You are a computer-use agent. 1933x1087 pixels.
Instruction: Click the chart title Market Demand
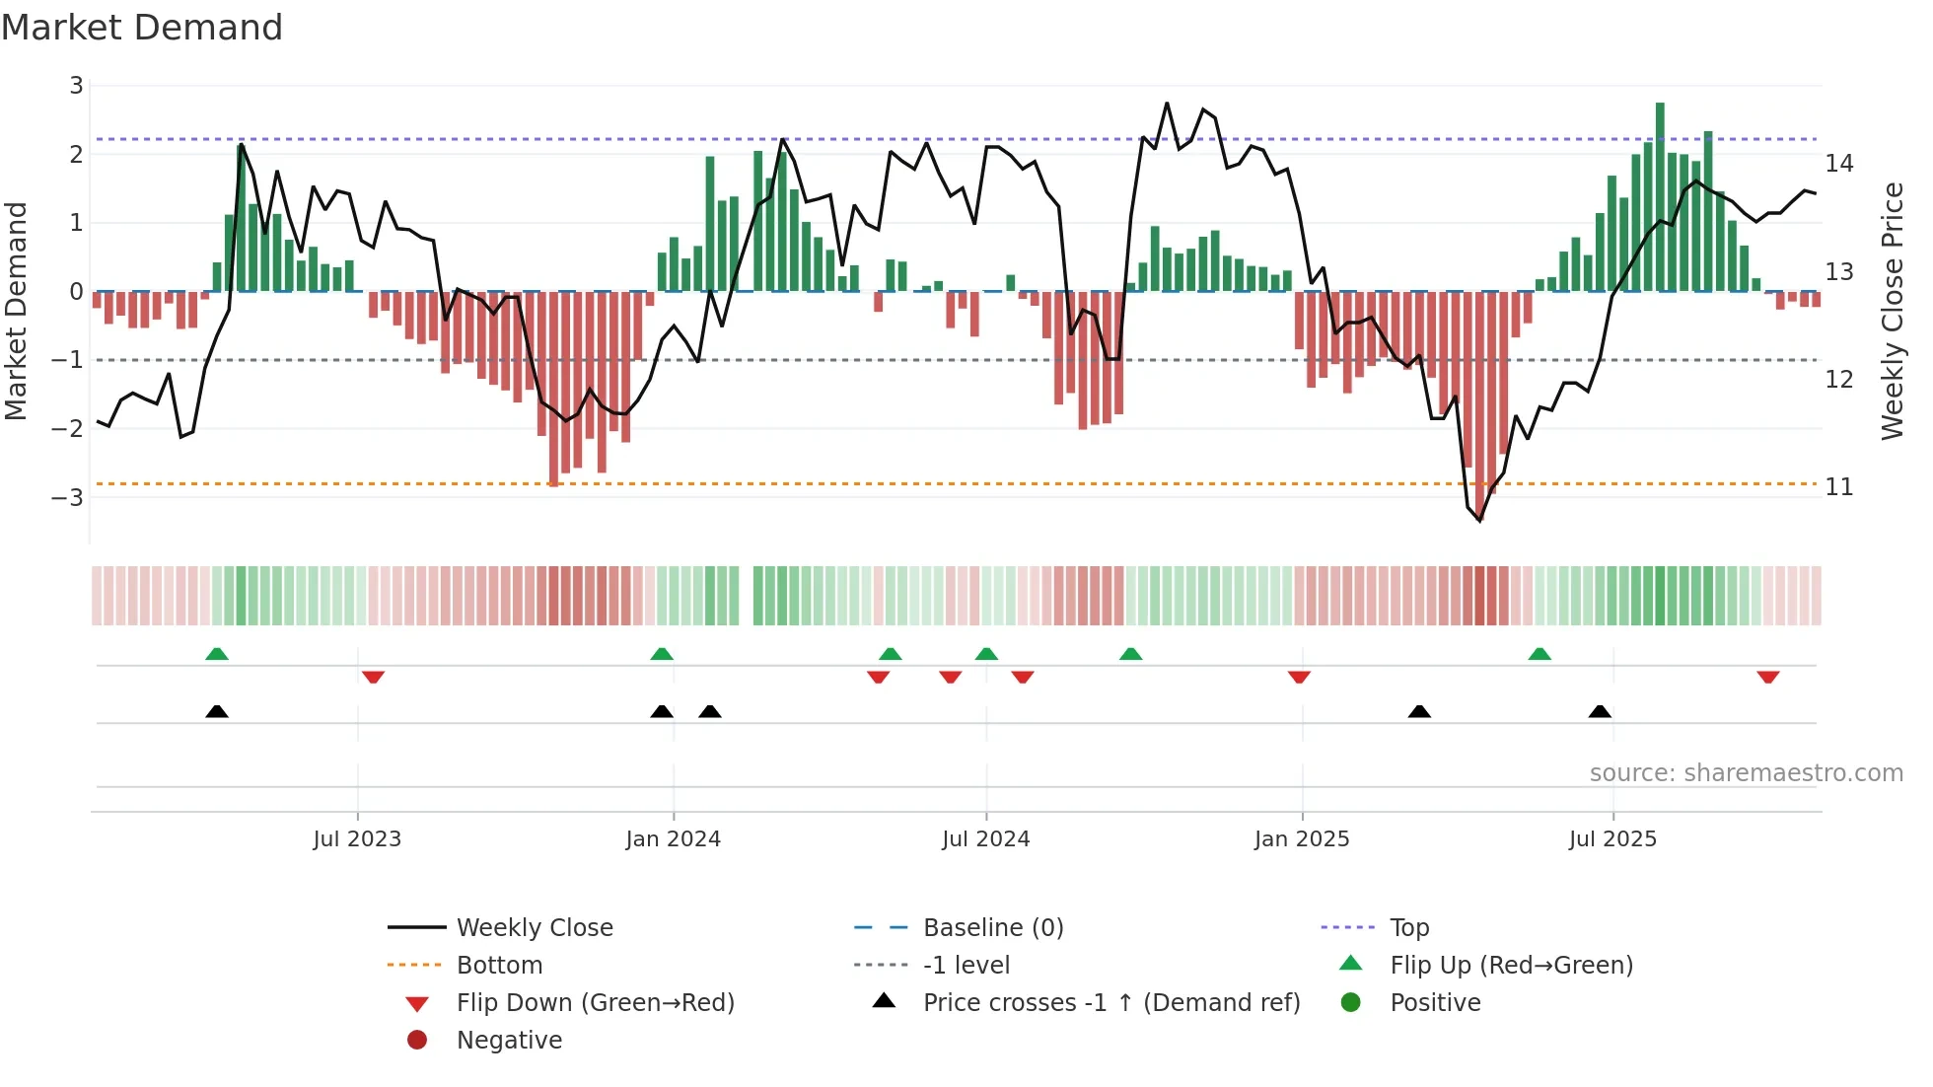click(x=142, y=28)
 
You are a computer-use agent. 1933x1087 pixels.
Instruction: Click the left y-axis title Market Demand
click(x=17, y=311)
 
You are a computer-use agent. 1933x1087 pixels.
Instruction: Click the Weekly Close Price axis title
click(x=1892, y=311)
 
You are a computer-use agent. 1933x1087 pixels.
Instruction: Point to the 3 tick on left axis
click(x=76, y=86)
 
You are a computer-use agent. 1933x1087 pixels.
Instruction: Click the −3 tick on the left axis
click(x=68, y=497)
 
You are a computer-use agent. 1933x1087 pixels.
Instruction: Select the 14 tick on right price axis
click(x=1838, y=164)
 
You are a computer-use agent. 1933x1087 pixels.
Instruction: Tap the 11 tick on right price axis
click(x=1838, y=487)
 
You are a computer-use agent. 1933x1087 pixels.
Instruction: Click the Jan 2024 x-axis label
click(x=673, y=839)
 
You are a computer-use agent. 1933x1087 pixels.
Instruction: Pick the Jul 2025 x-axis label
click(x=1612, y=839)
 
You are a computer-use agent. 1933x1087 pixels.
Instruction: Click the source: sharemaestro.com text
click(x=1746, y=773)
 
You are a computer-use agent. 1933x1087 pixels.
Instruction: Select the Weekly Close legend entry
click(x=534, y=928)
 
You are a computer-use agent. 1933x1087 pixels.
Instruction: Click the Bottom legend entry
click(x=499, y=966)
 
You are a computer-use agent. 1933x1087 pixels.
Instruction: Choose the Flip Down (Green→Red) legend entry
click(x=595, y=1003)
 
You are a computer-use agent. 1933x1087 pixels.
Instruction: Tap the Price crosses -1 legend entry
click(x=1110, y=1003)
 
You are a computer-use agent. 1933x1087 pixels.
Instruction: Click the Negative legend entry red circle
click(x=417, y=1041)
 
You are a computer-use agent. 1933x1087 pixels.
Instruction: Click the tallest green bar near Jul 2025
click(x=1660, y=197)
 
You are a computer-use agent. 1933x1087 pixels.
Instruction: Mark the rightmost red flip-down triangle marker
click(x=1767, y=677)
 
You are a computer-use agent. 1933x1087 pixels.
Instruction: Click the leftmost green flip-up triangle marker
click(x=217, y=654)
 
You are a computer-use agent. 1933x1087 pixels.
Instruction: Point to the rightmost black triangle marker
click(x=1600, y=712)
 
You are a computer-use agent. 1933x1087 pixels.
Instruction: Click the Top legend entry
click(x=1408, y=928)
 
